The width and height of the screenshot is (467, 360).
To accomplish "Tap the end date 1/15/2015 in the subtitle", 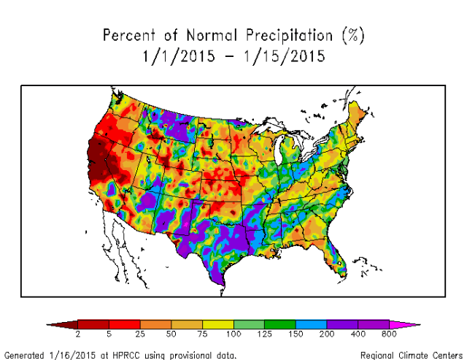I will pos(286,55).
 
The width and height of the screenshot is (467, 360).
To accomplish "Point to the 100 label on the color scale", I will pos(233,333).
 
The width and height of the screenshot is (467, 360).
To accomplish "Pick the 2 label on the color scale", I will pos(77,333).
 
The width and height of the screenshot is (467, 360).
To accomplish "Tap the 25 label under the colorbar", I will pos(139,333).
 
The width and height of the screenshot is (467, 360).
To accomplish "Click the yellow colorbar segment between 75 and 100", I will pos(217,323).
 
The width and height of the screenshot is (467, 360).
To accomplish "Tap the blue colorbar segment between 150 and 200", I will pos(312,323).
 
